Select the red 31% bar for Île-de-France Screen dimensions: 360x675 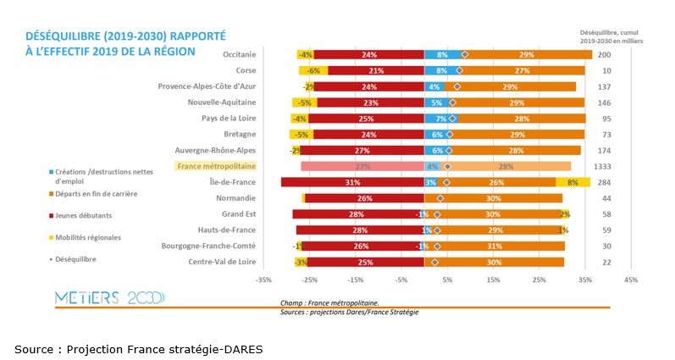352,182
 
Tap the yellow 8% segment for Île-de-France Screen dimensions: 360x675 573,182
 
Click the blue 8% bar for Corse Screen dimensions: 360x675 442,70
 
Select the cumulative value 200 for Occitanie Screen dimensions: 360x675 604,54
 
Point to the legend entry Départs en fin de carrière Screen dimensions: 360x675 95,194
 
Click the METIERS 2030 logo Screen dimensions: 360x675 110,297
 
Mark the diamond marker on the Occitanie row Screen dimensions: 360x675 464,54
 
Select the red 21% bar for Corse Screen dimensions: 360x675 376,70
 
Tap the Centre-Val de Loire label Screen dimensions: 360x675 222,262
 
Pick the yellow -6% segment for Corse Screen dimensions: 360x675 313,70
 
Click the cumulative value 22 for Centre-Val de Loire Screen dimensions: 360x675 606,263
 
